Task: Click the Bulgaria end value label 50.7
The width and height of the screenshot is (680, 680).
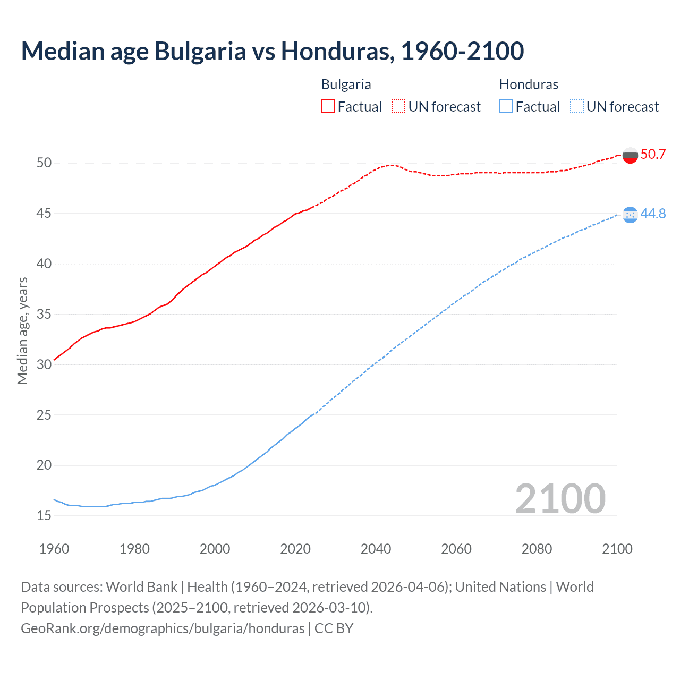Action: [x=653, y=155]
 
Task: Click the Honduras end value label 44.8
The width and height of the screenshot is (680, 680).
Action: [x=653, y=214]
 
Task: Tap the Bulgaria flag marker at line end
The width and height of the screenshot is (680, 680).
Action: [x=630, y=156]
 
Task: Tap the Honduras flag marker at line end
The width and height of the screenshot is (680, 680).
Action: [x=630, y=215]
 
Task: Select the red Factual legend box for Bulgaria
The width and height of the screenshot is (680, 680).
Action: [x=328, y=107]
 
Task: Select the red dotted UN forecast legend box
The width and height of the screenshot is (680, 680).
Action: [x=398, y=107]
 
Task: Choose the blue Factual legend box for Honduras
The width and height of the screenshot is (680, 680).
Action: [x=506, y=107]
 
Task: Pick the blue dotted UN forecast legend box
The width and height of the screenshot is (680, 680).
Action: [x=577, y=107]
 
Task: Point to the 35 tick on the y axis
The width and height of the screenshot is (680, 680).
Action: [x=44, y=314]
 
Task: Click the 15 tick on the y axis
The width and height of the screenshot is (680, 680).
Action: [x=44, y=515]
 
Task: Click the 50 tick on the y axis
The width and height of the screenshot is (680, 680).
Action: [x=44, y=163]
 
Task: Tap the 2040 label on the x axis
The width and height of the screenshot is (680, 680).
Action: [x=376, y=549]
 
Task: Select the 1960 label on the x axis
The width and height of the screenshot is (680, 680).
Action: [x=54, y=549]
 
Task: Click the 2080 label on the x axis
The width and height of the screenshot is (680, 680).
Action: [x=537, y=549]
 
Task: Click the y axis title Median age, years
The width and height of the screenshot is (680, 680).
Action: [x=22, y=330]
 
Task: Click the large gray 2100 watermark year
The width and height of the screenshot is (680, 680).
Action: [x=560, y=498]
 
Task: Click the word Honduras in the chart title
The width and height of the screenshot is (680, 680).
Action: [x=337, y=51]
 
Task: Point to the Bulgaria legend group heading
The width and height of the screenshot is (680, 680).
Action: [x=346, y=84]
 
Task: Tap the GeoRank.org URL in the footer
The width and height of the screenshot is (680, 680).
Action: [x=163, y=628]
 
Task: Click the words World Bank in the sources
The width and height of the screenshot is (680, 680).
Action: [x=141, y=587]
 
